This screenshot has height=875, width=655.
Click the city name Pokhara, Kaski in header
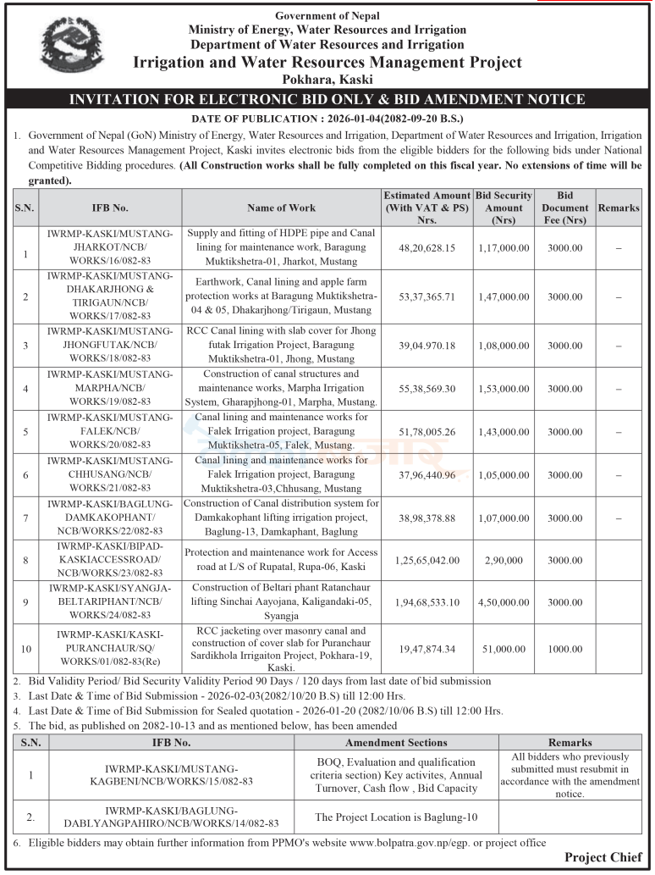coord(327,79)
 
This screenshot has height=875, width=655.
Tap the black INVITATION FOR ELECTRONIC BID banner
coord(327,99)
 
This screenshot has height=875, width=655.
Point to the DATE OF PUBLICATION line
coord(327,119)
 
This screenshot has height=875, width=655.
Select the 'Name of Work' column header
coord(281,208)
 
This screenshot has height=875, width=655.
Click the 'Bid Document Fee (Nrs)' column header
coord(564,208)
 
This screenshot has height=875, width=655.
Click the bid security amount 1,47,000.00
coord(503,297)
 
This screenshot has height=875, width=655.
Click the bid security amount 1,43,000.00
coord(503,432)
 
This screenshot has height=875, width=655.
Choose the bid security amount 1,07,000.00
coord(503,518)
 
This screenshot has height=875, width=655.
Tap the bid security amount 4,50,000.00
coord(503,602)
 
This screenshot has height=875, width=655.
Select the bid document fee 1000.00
coord(564,648)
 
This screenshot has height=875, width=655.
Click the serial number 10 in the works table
coord(25,648)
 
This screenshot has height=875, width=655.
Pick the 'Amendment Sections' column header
coord(396,742)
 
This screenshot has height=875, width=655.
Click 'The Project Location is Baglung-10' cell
coord(396,817)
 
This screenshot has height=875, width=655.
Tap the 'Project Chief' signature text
coord(603,858)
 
